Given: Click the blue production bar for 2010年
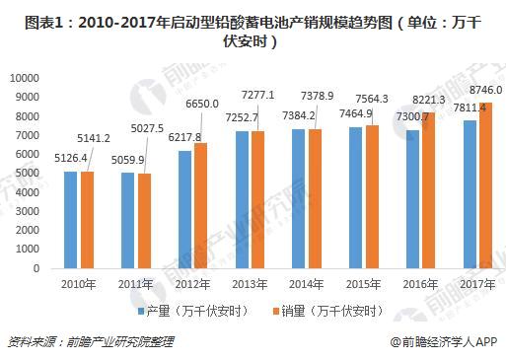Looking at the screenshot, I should (70, 220).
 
